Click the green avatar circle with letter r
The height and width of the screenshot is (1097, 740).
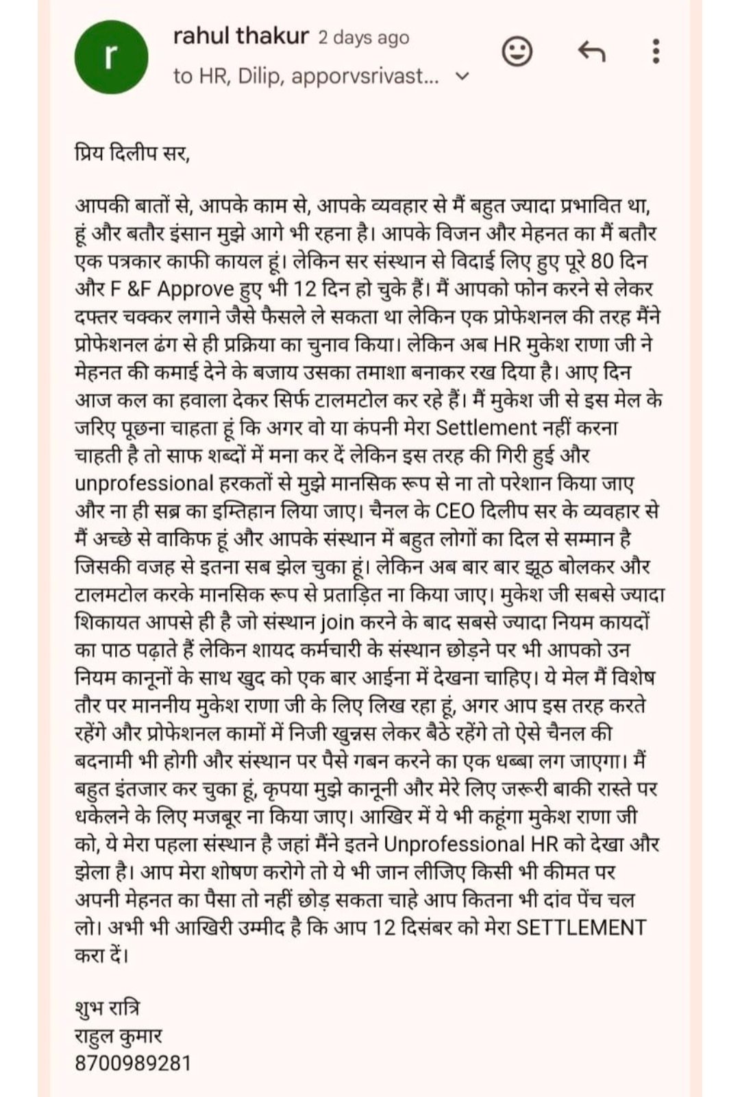point(111,57)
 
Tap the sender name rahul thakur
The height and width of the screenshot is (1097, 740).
point(241,36)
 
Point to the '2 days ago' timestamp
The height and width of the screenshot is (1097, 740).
point(364,38)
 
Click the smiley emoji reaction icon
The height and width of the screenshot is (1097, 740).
point(517,51)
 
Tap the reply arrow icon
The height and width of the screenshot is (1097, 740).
point(592,51)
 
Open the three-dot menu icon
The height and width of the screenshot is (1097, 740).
point(656,51)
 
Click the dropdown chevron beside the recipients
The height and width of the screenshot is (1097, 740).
point(463,76)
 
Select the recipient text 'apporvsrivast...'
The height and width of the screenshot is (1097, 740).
point(365,76)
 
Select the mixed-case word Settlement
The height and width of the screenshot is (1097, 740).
point(486,428)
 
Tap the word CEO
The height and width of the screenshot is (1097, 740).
point(455,511)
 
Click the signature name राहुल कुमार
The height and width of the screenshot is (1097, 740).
point(118,1036)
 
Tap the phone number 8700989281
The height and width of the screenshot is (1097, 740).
point(133,1063)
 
